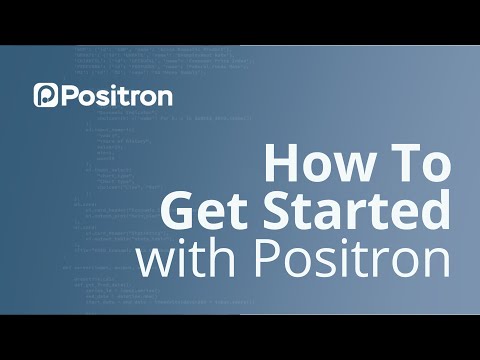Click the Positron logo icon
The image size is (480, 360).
click(46, 95)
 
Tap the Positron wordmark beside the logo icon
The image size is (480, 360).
click(117, 96)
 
